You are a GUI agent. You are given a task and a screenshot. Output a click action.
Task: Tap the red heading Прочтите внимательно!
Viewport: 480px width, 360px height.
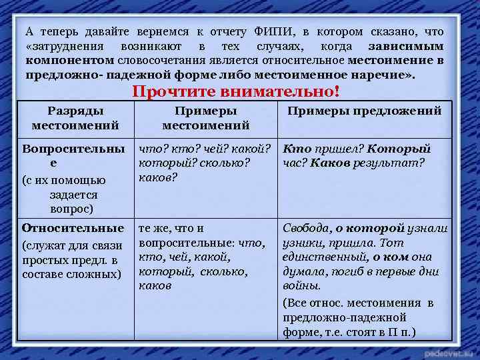click(x=236, y=92)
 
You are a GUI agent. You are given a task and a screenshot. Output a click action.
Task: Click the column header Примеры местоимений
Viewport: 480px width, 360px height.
click(x=205, y=118)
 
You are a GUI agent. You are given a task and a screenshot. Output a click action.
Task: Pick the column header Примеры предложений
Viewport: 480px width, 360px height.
click(x=364, y=111)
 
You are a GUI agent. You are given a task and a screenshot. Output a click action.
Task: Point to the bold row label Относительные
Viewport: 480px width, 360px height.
click(x=73, y=228)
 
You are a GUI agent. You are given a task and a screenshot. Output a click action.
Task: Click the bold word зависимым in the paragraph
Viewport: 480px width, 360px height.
click(x=405, y=47)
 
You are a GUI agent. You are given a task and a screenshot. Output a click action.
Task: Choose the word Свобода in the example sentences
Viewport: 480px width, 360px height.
click(x=305, y=229)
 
